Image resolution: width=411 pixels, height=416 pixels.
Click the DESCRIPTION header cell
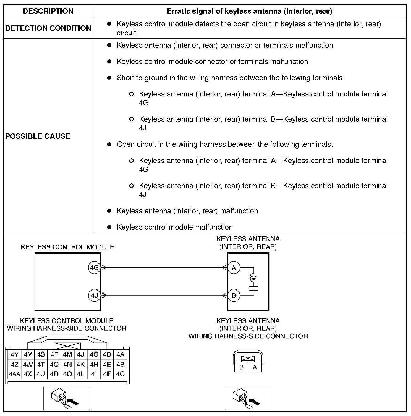pyautogui.click(x=48, y=11)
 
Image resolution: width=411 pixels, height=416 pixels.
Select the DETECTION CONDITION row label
pyautogui.click(x=48, y=28)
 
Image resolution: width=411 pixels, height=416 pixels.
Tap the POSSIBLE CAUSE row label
pyautogui.click(x=38, y=136)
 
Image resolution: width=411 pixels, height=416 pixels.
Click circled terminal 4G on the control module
pyautogui.click(x=94, y=268)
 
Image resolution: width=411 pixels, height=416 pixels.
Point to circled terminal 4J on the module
pyautogui.click(x=94, y=295)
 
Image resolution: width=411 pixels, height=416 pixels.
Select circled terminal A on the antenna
pyautogui.click(x=234, y=268)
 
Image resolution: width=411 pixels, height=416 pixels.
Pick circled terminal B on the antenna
pyautogui.click(x=234, y=295)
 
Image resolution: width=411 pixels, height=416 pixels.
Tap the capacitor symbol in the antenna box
pyautogui.click(x=253, y=288)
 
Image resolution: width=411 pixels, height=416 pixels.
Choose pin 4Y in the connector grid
pyautogui.click(x=14, y=354)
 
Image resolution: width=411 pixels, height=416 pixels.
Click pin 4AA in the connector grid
pyautogui.click(x=14, y=374)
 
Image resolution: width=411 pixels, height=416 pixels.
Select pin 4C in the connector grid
pyautogui.click(x=120, y=374)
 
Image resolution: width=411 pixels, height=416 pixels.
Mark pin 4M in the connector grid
pyautogui.click(x=67, y=354)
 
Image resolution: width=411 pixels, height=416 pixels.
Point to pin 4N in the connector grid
pyautogui.click(x=67, y=364)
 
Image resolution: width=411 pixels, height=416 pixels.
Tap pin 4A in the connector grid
pyautogui.click(x=120, y=354)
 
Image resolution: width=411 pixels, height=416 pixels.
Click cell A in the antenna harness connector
pyautogui.click(x=255, y=367)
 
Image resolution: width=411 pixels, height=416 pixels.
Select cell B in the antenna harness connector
pyautogui.click(x=242, y=367)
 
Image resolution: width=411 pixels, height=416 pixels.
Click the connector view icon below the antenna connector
pyautogui.click(x=248, y=398)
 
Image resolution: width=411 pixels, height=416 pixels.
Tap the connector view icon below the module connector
pyautogui.click(x=67, y=398)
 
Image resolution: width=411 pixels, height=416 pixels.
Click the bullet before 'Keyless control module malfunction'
pyautogui.click(x=109, y=227)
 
